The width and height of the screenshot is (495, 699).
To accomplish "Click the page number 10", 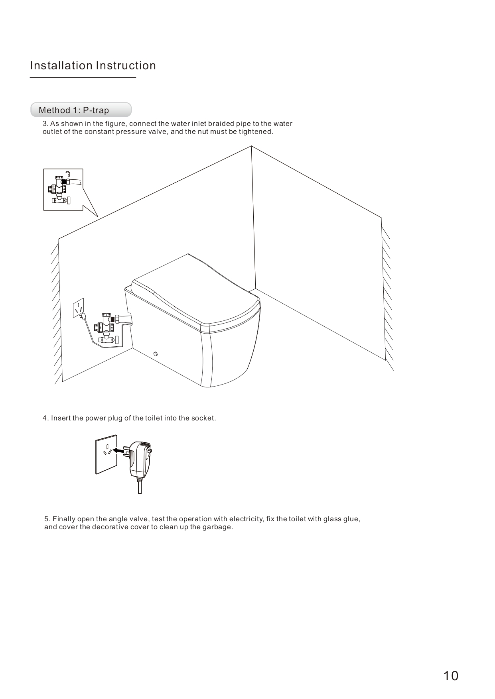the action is coord(451,676).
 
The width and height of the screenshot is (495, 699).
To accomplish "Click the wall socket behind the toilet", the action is coord(79,308).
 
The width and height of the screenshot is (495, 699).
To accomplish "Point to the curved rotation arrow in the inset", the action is coord(69,173).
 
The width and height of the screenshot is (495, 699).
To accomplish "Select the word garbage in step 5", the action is coord(218,527).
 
